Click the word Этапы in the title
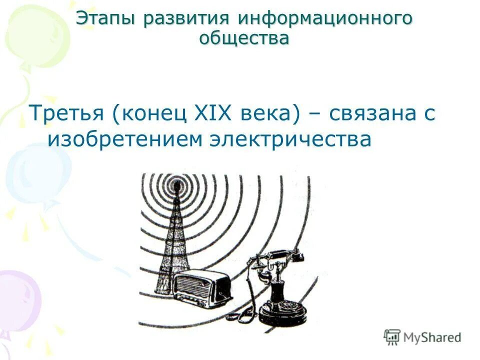coord(106,18)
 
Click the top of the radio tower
coord(176,186)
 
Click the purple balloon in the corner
coord(17,300)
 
